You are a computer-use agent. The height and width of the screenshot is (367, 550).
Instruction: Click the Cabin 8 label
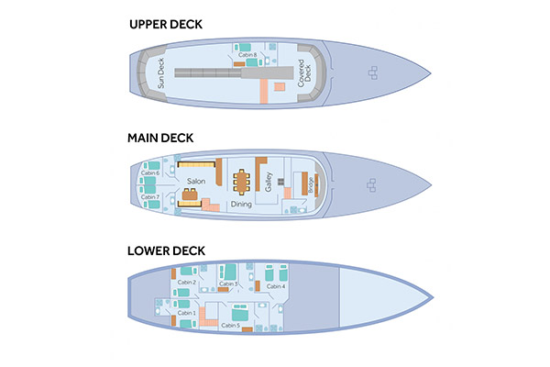[x=246, y=55]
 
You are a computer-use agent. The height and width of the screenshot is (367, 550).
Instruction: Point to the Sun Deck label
[x=160, y=72]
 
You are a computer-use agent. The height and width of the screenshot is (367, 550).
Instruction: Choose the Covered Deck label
[x=302, y=73]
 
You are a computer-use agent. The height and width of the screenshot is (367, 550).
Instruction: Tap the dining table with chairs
[x=243, y=183]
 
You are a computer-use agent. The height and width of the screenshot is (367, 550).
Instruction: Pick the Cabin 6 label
[x=151, y=172]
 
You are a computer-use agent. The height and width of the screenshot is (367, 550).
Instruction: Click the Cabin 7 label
[x=151, y=196]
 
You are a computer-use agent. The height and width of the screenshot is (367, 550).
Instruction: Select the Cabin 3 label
[x=229, y=284]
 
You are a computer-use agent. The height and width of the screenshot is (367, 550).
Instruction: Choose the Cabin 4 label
[x=277, y=286]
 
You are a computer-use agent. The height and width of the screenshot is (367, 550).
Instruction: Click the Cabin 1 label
[x=186, y=313]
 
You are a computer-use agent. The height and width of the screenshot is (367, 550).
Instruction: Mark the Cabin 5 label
[x=231, y=325]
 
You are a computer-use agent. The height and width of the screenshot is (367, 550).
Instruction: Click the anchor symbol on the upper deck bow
[x=371, y=72]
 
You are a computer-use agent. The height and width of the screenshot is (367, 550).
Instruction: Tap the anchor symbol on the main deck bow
[x=371, y=186]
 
